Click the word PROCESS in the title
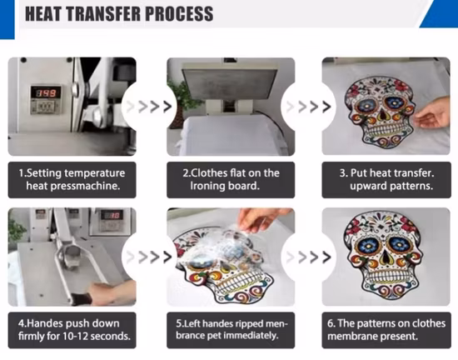179,13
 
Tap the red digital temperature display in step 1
46,93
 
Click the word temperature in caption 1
94,173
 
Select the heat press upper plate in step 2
230,84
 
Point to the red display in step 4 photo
110,215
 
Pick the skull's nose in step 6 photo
386,257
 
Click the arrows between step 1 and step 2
149,107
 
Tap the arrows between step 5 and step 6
309,257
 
